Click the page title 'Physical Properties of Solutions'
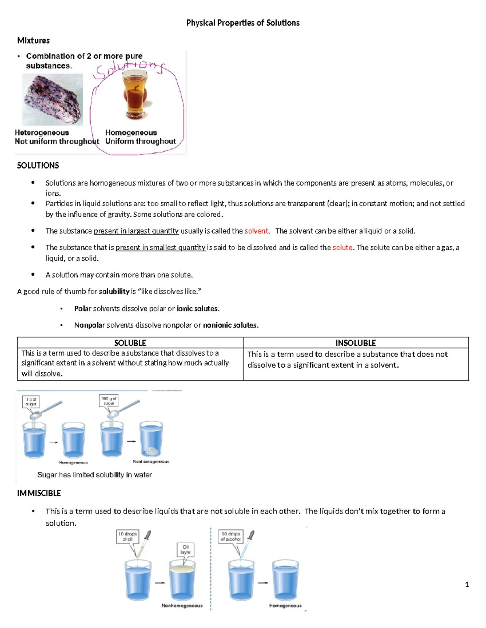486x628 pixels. tap(243, 23)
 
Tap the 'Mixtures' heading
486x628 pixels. tap(33, 40)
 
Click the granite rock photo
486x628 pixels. tap(52, 99)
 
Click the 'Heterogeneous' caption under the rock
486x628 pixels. tap(42, 133)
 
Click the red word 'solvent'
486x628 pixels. tap(256, 231)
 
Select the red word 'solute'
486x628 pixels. tap(342, 247)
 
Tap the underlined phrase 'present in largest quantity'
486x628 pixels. tap(136, 231)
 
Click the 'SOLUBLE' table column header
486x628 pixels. tap(130, 343)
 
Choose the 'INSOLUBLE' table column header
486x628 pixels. tap(356, 343)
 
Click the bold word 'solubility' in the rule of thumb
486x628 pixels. tap(114, 292)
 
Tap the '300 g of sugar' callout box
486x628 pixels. tap(109, 401)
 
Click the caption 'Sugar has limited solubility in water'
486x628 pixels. tap(94, 475)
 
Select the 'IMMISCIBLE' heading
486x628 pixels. tap(39, 493)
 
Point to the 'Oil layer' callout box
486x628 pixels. tap(185, 550)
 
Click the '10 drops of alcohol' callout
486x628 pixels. tap(230, 537)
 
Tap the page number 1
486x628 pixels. tap(467, 584)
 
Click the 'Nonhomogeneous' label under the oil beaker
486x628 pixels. tap(182, 605)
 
